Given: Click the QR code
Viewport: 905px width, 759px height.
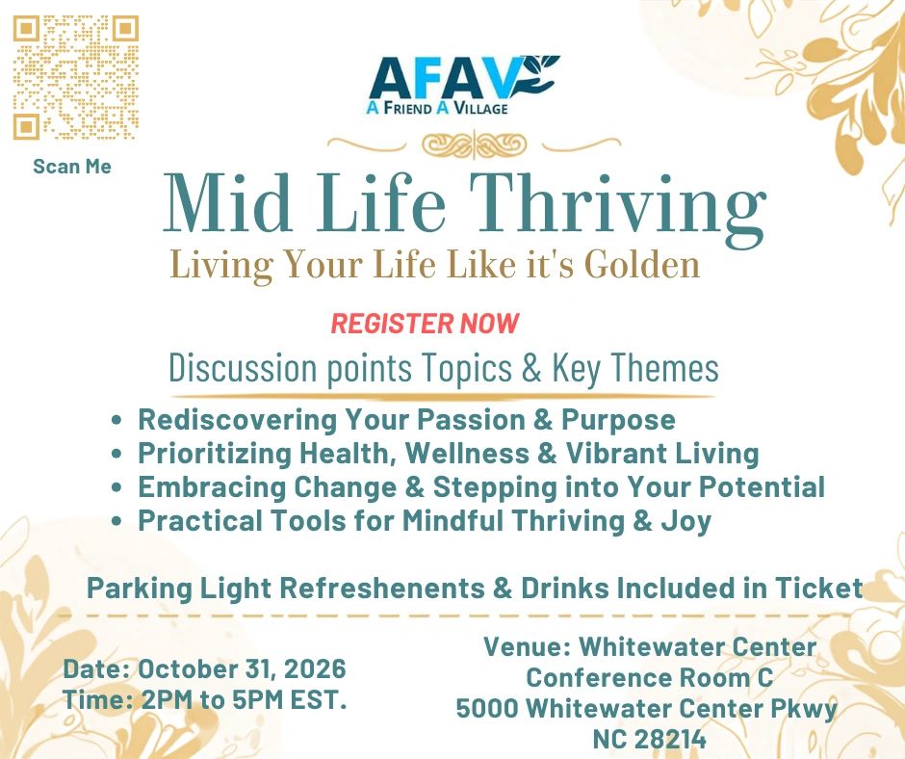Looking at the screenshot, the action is click(76, 77).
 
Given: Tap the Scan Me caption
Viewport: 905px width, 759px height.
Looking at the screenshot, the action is click(72, 167).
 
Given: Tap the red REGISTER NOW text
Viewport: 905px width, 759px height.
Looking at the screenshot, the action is click(425, 324).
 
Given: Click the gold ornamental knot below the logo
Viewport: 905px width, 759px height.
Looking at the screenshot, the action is click(474, 144).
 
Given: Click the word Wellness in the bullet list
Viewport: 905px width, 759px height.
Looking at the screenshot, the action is click(467, 453).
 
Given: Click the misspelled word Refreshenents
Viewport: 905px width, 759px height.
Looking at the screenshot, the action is click(382, 588).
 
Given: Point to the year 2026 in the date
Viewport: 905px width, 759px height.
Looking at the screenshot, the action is click(315, 668).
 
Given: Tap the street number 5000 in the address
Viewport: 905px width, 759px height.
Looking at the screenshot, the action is click(488, 709).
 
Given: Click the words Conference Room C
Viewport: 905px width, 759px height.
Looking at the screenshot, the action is click(649, 677).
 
